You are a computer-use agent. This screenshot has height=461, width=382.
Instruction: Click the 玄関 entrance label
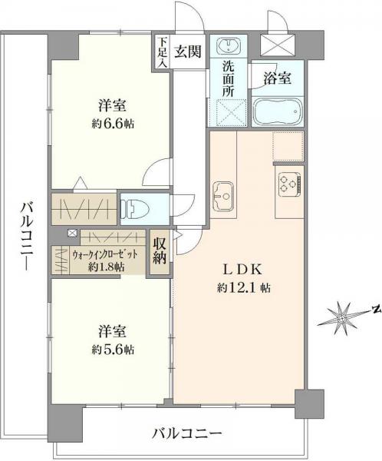[x=188, y=52]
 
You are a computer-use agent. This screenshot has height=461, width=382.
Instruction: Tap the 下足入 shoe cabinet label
[x=161, y=52]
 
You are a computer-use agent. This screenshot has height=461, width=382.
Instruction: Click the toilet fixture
[x=137, y=207]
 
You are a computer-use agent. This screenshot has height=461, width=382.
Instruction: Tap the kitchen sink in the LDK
[x=223, y=194]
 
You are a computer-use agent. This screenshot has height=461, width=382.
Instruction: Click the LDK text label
[x=245, y=270]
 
